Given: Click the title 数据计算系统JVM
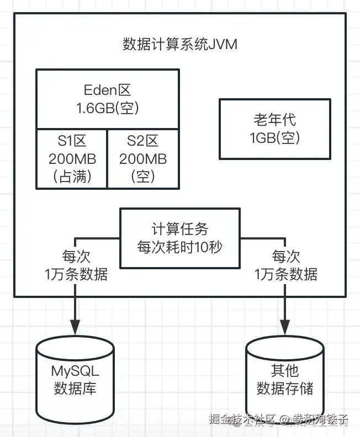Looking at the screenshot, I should click(x=179, y=44).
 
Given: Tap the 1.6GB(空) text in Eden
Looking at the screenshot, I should click(x=108, y=108).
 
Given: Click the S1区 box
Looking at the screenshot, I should click(x=72, y=159).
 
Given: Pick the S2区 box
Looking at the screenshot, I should click(x=142, y=159).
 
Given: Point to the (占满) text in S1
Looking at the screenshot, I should click(x=72, y=177).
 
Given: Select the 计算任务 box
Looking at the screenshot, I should click(x=180, y=238).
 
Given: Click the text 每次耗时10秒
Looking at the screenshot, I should click(x=180, y=247).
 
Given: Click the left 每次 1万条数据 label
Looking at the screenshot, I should click(x=76, y=265).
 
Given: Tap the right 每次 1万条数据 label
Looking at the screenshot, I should click(x=286, y=265).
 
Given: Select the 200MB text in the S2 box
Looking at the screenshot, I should click(x=142, y=159).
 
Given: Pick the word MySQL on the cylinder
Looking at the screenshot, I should click(x=75, y=370).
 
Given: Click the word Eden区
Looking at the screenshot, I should click(x=108, y=90).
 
